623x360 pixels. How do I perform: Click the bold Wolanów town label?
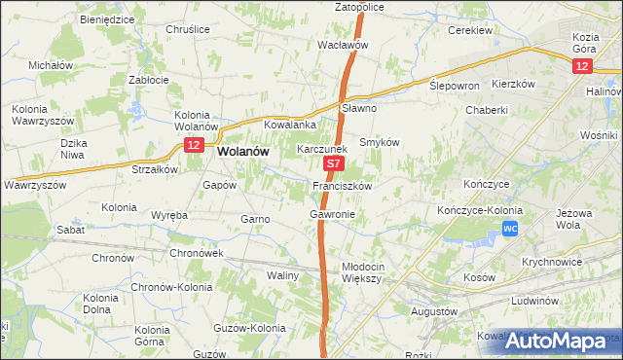[244, 152]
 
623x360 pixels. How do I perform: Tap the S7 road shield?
[333, 166]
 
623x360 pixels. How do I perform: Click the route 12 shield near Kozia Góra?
[581, 65]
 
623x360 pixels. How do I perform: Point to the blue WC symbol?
[510, 228]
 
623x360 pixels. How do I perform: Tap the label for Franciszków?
[342, 185]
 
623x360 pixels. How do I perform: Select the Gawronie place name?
[332, 214]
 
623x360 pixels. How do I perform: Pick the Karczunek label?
[321, 150]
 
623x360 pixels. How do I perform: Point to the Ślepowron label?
[455, 86]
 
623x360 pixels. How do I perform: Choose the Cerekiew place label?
[468, 30]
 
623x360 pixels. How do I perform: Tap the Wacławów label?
[343, 45]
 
